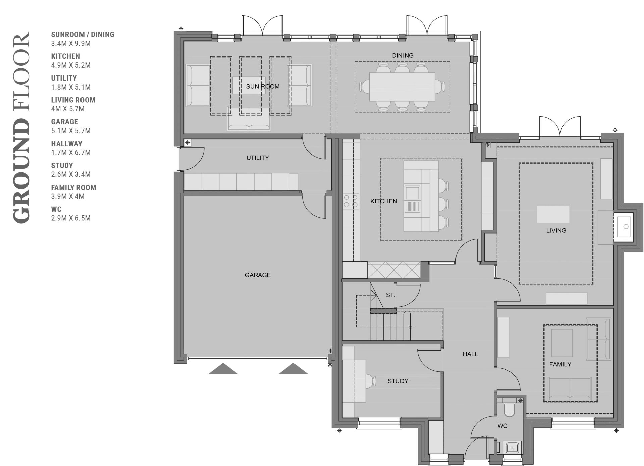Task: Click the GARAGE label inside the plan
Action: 258,275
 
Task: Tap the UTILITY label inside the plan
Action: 258,158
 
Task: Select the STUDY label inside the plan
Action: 398,381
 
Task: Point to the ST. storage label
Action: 390,295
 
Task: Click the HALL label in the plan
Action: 470,354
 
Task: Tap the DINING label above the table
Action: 403,55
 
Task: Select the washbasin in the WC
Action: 512,448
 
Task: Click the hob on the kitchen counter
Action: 351,201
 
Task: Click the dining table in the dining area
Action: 402,87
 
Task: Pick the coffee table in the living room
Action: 553,214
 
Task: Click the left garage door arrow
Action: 223,368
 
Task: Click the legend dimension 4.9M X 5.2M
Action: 71,65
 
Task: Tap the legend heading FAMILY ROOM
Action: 73,187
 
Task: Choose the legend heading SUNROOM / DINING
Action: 83,34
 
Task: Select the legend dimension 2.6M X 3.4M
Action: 71,174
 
